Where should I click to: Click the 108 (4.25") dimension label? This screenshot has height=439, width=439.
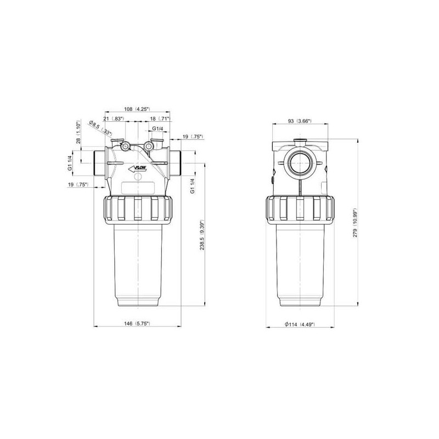pyautogui.click(x=137, y=109)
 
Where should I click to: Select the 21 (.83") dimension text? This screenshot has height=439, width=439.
pyautogui.click(x=114, y=119)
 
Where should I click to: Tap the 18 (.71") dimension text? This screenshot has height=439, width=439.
pyautogui.click(x=160, y=119)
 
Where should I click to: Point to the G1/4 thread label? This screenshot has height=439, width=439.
pyautogui.click(x=157, y=128)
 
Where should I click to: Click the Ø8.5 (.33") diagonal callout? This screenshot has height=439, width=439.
pyautogui.click(x=100, y=128)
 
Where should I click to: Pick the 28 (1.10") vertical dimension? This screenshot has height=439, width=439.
pyautogui.click(x=78, y=132)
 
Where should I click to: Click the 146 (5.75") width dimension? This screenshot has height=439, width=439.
pyautogui.click(x=137, y=323)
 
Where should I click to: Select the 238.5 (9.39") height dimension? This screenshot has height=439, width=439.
pyautogui.click(x=202, y=236)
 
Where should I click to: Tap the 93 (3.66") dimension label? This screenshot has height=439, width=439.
pyautogui.click(x=300, y=121)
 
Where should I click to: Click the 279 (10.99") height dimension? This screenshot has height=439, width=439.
pyautogui.click(x=355, y=223)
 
